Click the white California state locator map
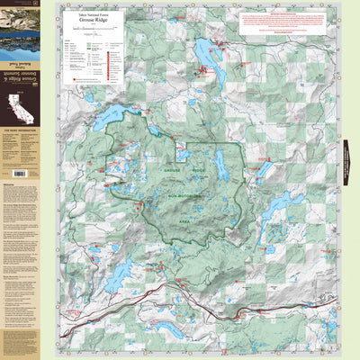click(x=18, y=111)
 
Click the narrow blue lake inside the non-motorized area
click(x=219, y=165)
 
